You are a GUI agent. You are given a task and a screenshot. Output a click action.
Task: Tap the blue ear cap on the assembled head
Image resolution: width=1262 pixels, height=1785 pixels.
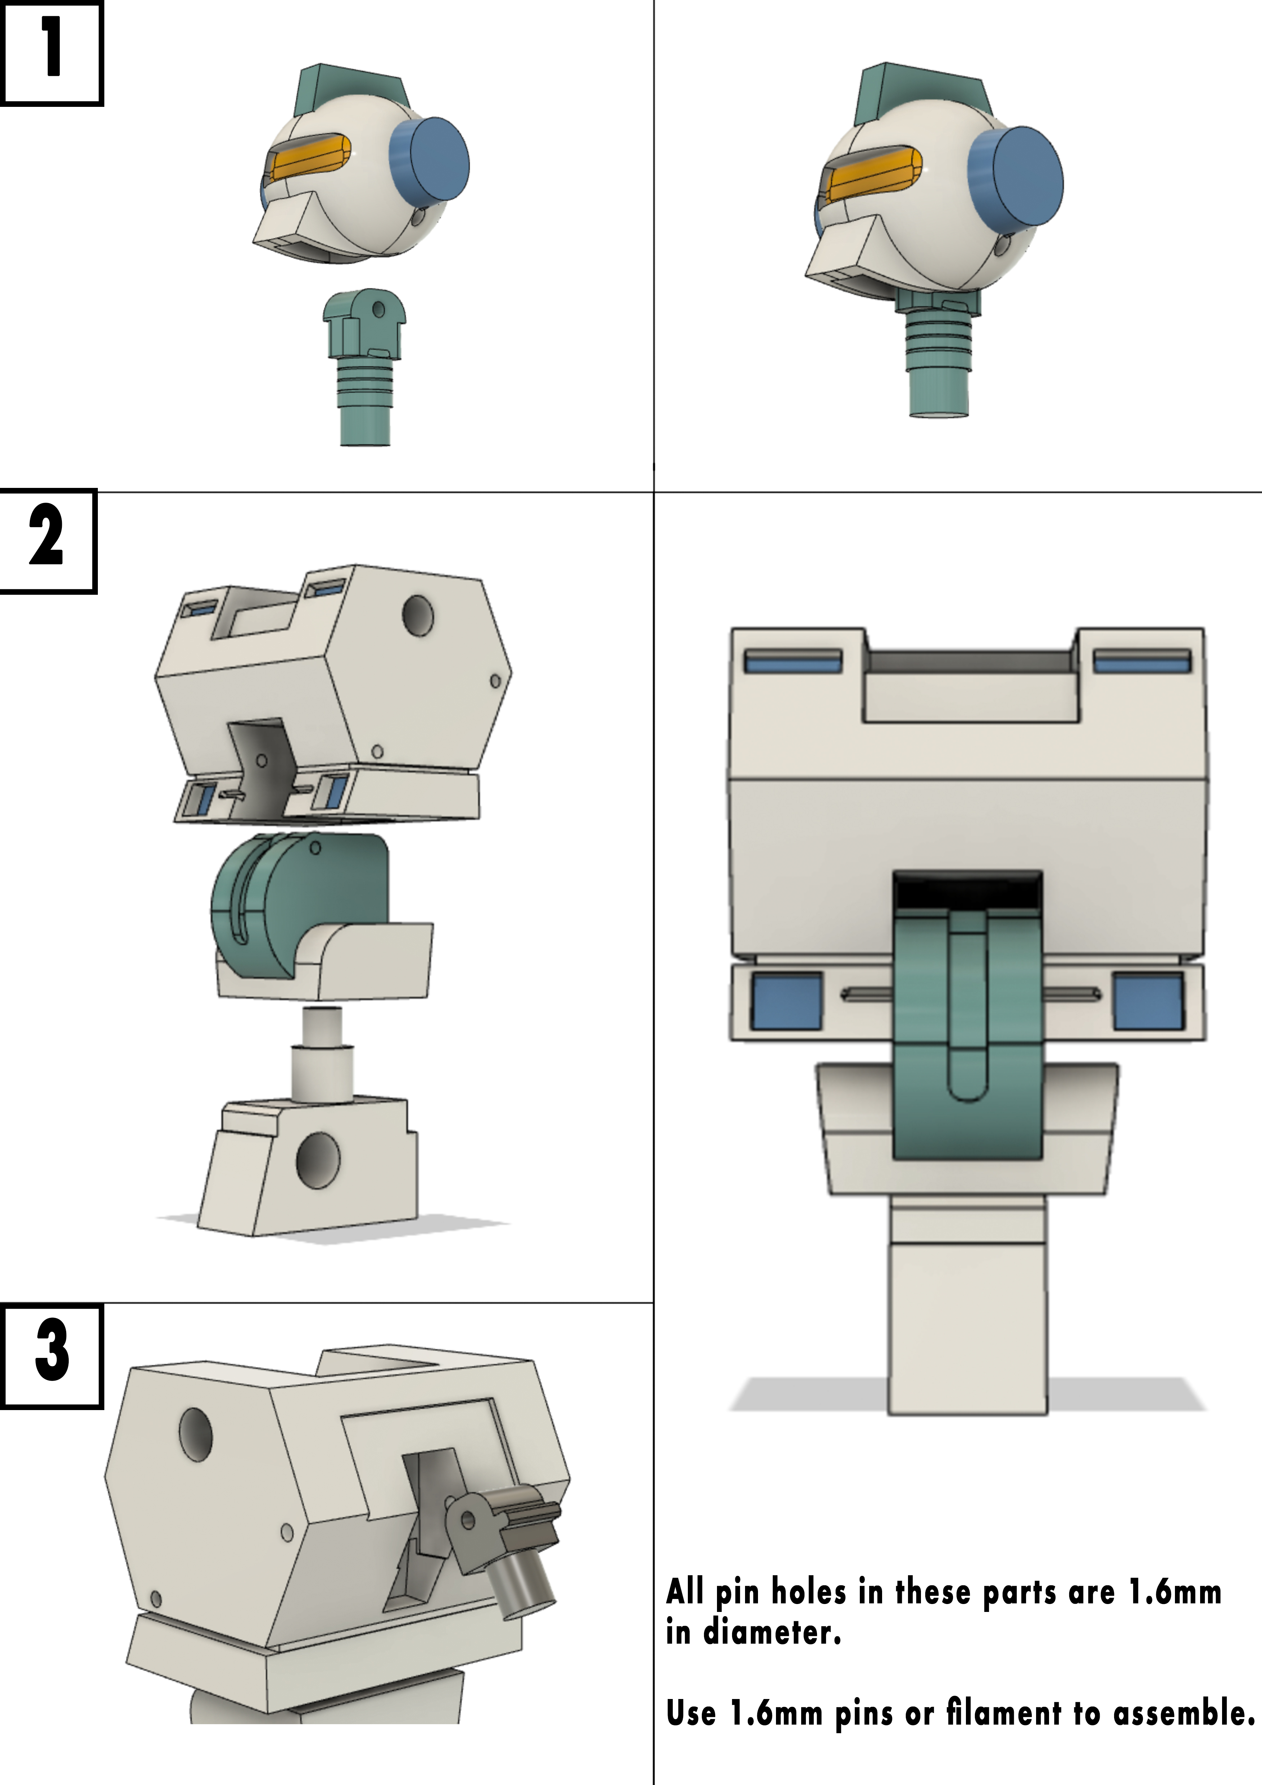tap(1016, 178)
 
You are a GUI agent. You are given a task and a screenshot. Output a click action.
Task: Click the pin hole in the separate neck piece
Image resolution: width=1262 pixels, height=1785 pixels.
tap(378, 309)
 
